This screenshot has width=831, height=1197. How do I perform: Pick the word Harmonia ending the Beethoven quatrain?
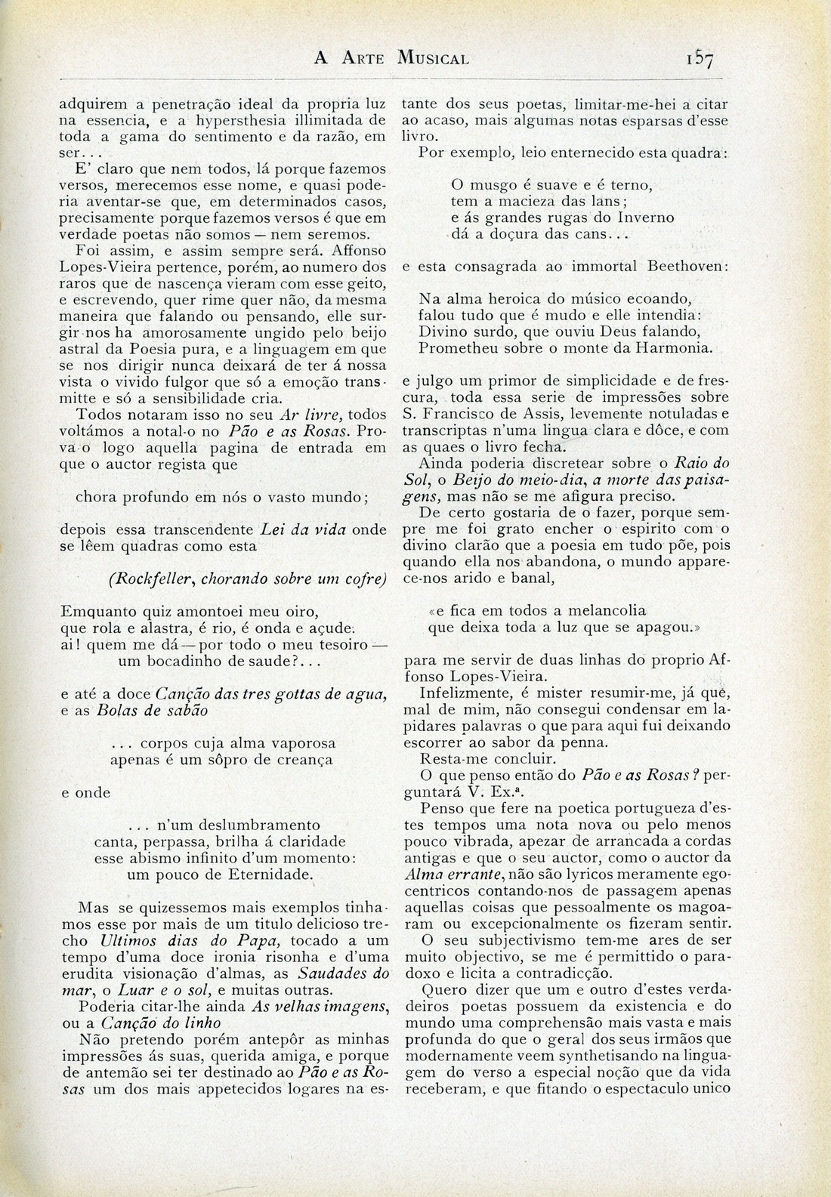pyautogui.click(x=677, y=348)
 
